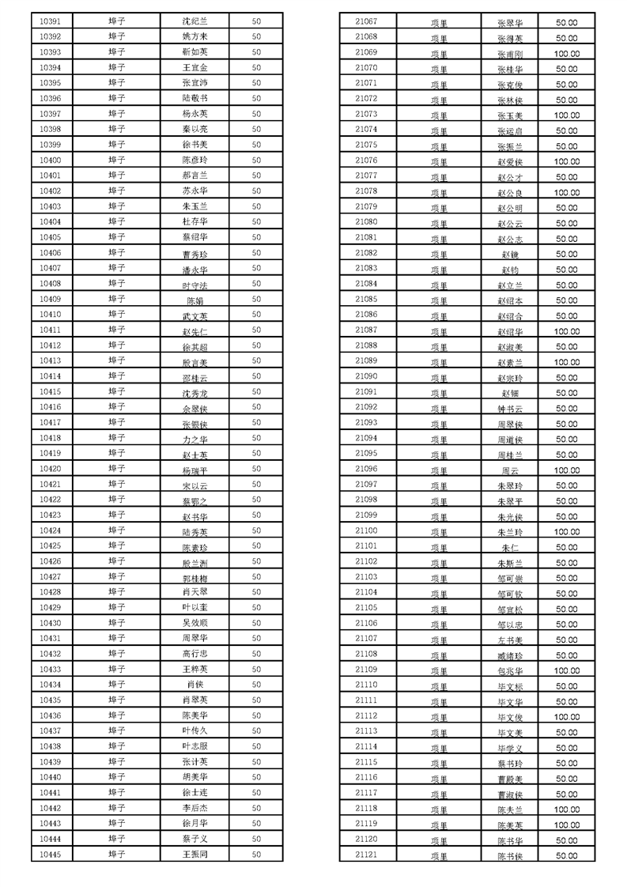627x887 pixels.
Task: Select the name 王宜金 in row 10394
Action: coord(195,68)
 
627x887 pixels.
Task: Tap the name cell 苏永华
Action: coord(195,191)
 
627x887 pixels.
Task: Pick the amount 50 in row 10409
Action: coord(256,300)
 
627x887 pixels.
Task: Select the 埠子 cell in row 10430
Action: coord(116,623)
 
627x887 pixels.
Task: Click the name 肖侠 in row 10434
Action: coord(195,685)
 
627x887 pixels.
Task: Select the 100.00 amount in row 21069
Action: coord(566,54)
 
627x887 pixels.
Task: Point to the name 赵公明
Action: coord(510,208)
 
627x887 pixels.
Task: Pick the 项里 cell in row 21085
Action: coord(439,300)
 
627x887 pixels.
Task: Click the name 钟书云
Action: coord(510,409)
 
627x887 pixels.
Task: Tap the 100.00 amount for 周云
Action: coord(566,470)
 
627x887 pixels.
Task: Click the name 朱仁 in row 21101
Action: coord(510,547)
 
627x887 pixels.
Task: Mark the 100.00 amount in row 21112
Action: coord(566,717)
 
